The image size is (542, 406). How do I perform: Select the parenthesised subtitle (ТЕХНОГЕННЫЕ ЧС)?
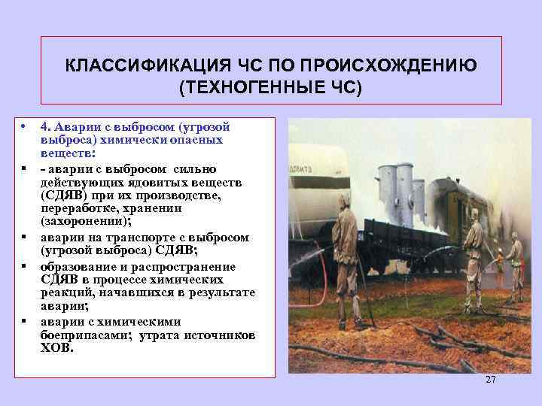271,88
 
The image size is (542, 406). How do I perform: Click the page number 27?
491,380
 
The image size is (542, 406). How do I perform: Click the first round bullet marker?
25,125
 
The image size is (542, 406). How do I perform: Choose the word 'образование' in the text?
75,266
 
